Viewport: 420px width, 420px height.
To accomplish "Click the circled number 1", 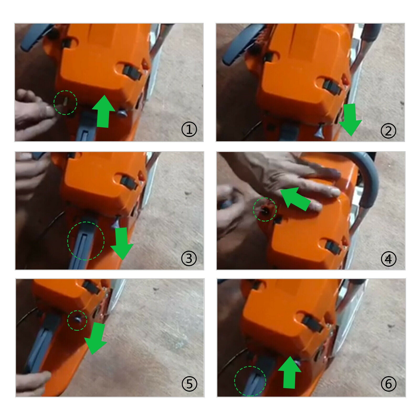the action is (x=189, y=130).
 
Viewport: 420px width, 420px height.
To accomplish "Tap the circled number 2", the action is (x=388, y=131).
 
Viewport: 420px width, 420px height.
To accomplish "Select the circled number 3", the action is (x=189, y=259).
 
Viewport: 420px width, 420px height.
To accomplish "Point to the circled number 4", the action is (x=388, y=259).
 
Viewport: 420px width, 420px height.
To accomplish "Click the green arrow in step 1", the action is (x=103, y=112).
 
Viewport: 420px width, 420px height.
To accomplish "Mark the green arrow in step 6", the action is (x=290, y=372).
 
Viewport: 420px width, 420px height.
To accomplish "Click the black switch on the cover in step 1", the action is (x=132, y=73).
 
